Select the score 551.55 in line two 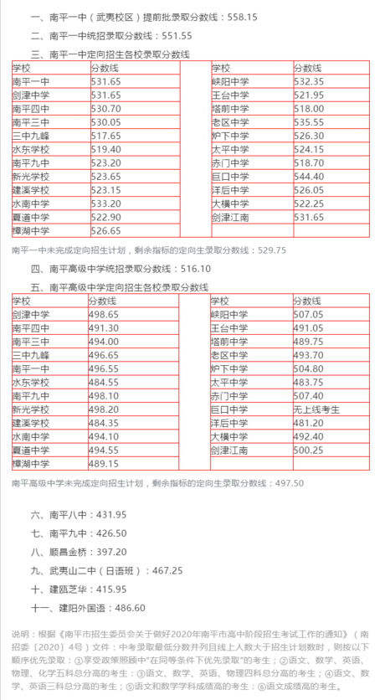coord(175,35)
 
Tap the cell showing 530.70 coord(105,109)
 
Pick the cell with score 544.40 coord(309,177)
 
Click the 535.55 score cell coord(309,122)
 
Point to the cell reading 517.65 coord(105,136)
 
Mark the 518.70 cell coord(309,163)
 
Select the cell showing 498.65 coord(105,315)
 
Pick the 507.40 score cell coord(309,396)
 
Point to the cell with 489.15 coord(105,464)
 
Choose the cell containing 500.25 coord(309,450)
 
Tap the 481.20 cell coord(309,423)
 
